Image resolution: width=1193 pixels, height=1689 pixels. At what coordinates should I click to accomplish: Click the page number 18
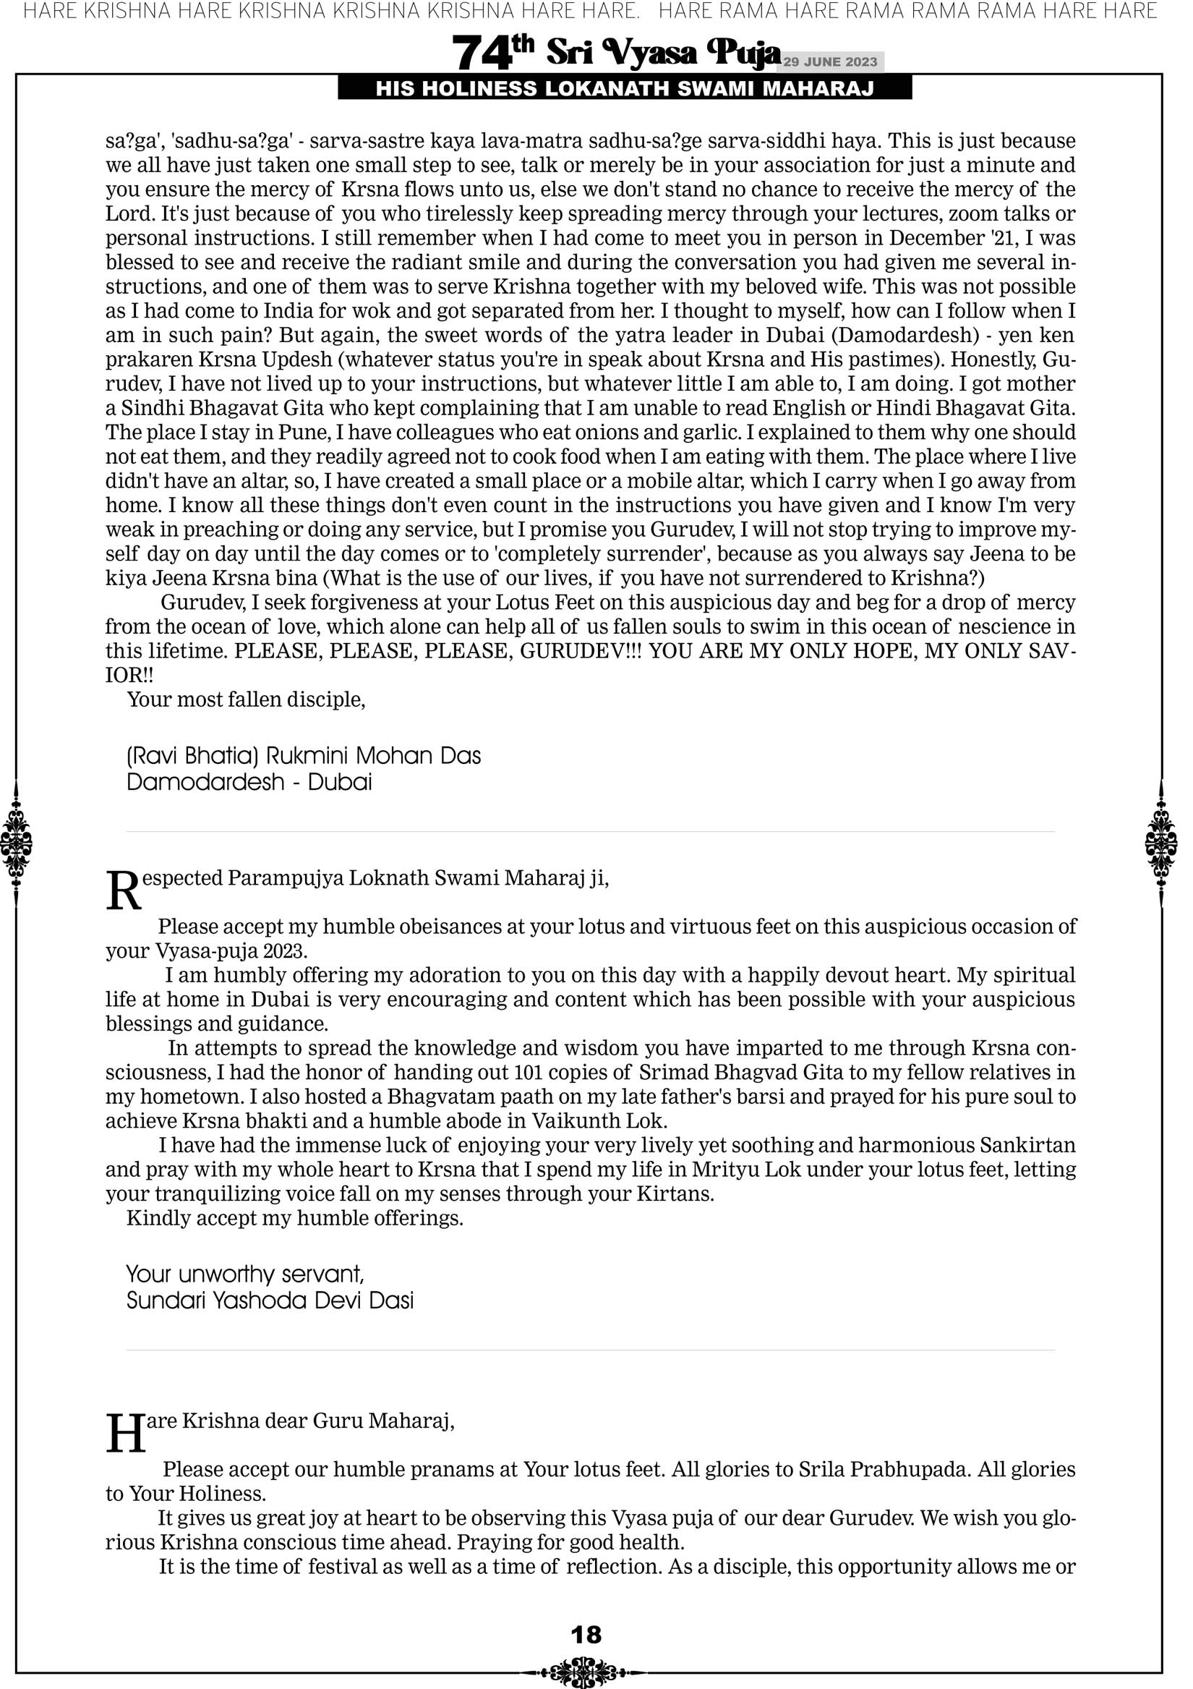coord(586,1634)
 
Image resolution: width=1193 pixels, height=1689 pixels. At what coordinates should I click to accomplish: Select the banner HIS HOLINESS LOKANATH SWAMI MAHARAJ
coord(625,89)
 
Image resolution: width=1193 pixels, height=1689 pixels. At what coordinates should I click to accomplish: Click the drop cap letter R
coord(123,891)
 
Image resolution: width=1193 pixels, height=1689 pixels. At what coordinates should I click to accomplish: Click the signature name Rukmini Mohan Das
coord(373,756)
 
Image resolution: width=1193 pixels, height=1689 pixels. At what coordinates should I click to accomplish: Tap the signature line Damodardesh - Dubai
coord(249,781)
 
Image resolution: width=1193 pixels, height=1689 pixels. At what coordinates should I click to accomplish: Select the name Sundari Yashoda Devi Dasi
coord(270,1300)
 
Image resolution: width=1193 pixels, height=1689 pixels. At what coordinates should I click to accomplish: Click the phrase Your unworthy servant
coord(245,1273)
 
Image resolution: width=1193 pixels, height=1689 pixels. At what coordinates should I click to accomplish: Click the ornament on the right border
coord(1161,843)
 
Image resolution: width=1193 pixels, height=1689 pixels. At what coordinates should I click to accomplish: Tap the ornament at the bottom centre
coord(586,1666)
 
